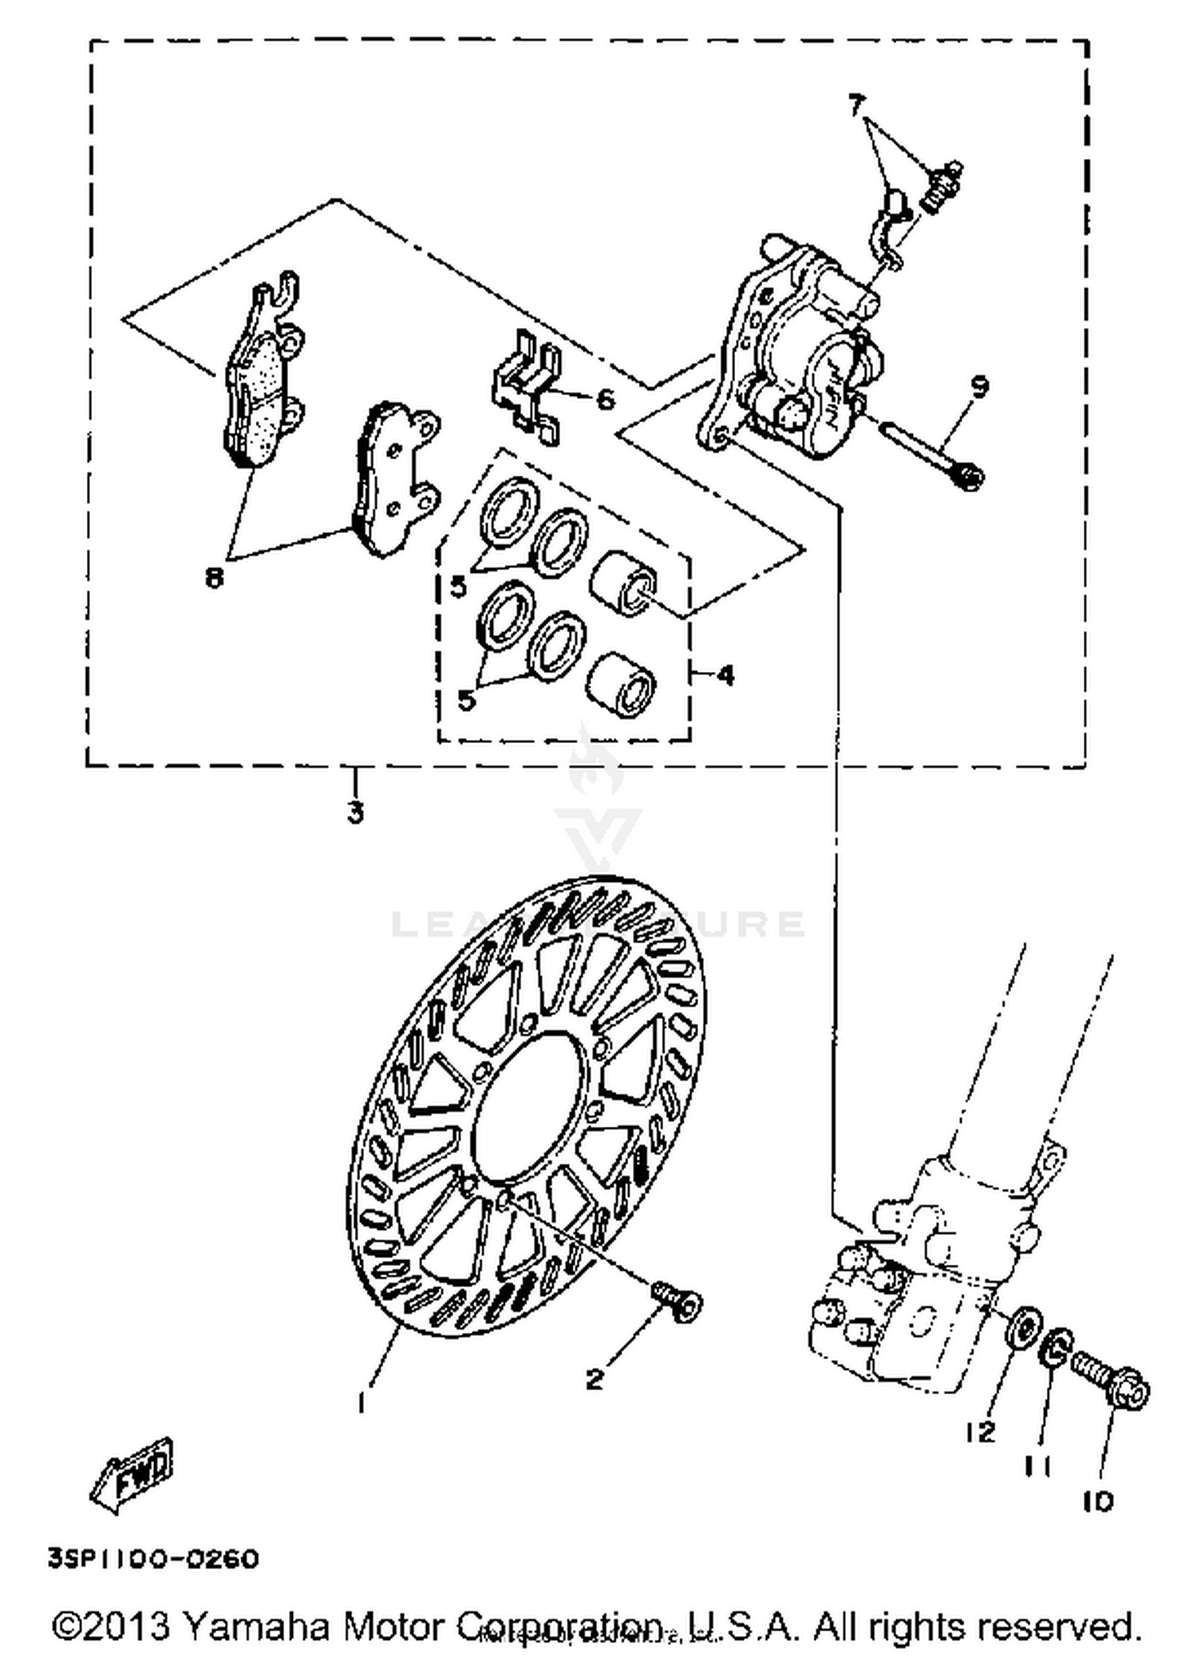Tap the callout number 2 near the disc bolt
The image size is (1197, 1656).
(595, 1379)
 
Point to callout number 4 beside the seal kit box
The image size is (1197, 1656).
(725, 676)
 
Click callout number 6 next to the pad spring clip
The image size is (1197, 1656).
(606, 398)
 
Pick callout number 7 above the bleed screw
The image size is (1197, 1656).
(856, 104)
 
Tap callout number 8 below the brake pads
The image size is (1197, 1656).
(214, 577)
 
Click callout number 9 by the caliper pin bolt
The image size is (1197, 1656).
(980, 387)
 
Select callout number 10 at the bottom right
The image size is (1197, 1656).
(1098, 1502)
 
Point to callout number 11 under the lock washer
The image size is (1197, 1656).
(1037, 1465)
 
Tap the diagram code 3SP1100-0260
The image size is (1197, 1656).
(153, 1559)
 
